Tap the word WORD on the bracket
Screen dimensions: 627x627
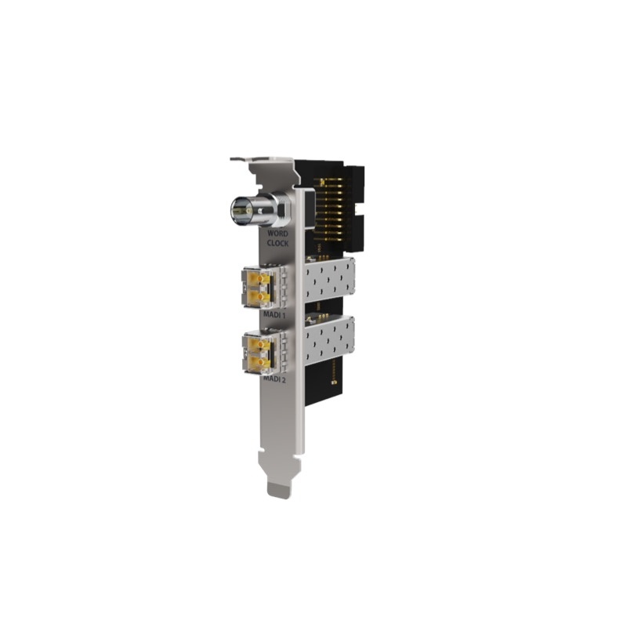278,234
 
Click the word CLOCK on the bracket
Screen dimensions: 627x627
277,244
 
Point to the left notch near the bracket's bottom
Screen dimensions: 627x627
265,462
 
